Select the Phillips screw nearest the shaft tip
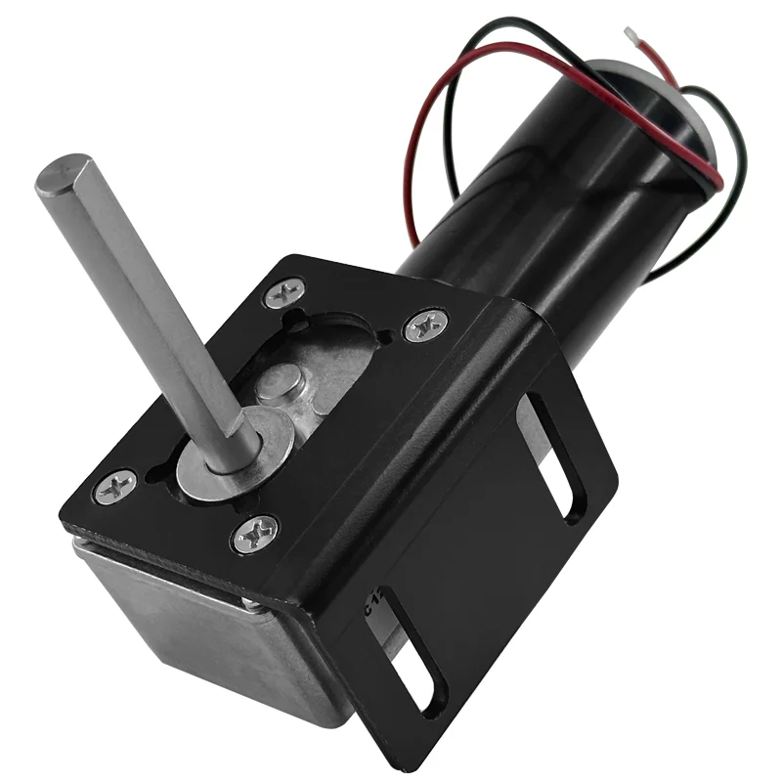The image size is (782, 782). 284,292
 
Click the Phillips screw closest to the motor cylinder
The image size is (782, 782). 425,325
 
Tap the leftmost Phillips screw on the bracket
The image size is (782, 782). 117,486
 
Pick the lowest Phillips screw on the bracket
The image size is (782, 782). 256,534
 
